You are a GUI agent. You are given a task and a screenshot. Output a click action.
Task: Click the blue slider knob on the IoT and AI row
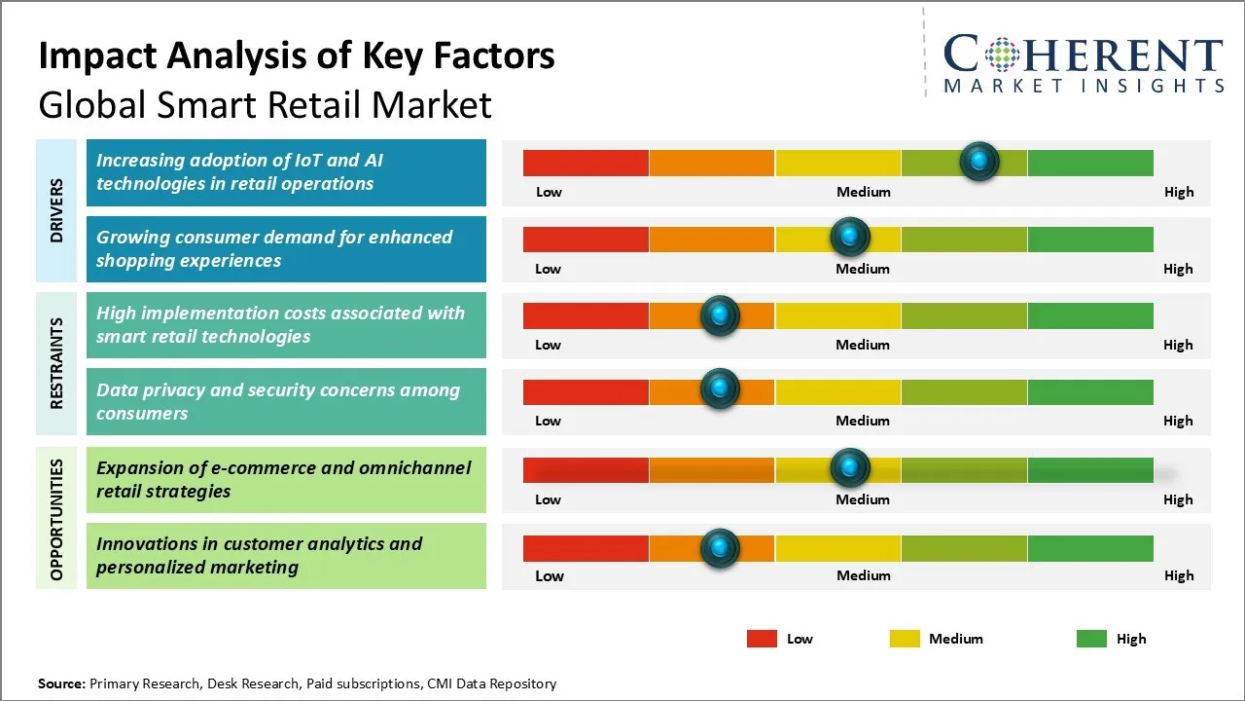click(x=978, y=161)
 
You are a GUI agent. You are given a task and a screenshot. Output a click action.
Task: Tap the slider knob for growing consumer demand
click(x=850, y=237)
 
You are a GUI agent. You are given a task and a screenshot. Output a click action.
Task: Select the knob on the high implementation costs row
click(x=720, y=314)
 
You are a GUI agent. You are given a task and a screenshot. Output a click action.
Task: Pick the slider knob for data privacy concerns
click(x=720, y=389)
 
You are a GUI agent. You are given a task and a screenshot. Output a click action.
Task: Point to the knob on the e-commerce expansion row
click(x=850, y=468)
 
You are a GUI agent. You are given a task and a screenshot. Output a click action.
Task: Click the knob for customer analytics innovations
click(x=720, y=548)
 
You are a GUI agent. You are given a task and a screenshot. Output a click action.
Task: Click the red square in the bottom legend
click(x=762, y=639)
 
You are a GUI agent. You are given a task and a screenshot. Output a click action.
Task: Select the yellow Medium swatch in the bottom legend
click(x=905, y=639)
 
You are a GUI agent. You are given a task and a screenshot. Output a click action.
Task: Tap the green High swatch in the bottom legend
click(x=1091, y=639)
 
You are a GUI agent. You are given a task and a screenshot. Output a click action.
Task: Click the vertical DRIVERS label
click(x=56, y=210)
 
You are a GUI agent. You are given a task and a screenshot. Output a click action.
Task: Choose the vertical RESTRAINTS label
click(x=56, y=363)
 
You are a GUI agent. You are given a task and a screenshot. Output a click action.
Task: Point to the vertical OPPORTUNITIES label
click(x=56, y=519)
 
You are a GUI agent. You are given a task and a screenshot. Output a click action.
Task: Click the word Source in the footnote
click(x=60, y=683)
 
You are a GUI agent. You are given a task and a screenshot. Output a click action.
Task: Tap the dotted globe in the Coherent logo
click(x=1003, y=55)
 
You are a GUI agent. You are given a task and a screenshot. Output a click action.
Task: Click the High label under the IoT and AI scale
click(x=1178, y=192)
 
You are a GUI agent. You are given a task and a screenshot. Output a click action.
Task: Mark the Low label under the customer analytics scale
click(x=549, y=575)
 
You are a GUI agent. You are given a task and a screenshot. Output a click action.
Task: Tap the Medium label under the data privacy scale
click(x=862, y=421)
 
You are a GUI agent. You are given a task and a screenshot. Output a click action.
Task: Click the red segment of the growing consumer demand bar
click(x=586, y=239)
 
